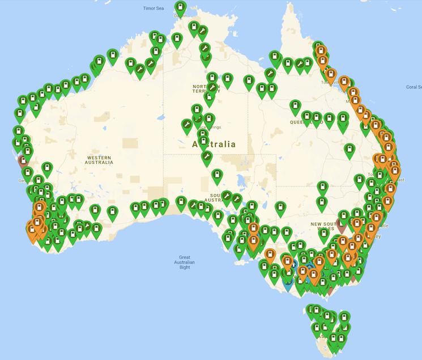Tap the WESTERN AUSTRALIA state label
coord(100,159)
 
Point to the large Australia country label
coord(215,145)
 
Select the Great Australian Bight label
coord(185,262)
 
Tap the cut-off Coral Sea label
coord(414,87)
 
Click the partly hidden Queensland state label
coord(306,122)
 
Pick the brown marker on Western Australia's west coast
coord(24,159)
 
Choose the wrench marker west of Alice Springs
coord(186,124)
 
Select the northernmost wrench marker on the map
coord(203,31)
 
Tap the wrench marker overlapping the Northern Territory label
coord(212,88)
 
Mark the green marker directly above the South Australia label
coord(216,176)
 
